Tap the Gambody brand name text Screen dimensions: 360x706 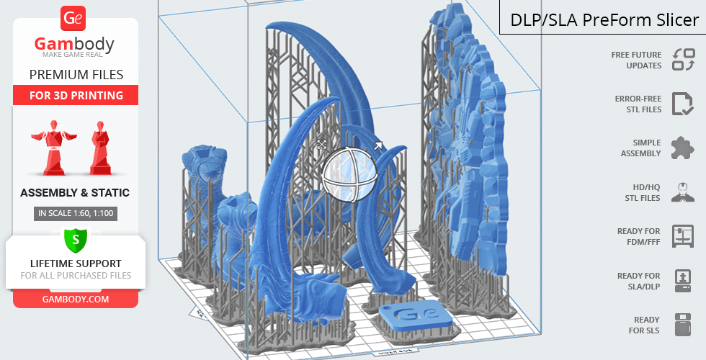click(75, 45)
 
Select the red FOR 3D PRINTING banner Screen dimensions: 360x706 click(76, 95)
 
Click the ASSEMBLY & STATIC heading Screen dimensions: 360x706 click(75, 193)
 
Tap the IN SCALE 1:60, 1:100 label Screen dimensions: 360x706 click(75, 213)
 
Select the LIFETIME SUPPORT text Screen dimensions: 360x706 click(76, 264)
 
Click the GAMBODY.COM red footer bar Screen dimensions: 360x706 click(76, 299)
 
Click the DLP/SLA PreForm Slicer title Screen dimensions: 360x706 click(604, 20)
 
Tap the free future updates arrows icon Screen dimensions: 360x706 click(683, 60)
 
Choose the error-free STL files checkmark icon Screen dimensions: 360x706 click(682, 104)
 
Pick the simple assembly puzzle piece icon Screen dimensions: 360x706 click(682, 148)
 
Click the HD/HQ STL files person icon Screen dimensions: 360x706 click(682, 192)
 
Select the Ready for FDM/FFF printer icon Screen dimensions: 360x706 click(682, 236)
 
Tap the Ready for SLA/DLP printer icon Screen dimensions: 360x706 click(682, 281)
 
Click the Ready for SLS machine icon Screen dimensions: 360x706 click(682, 325)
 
